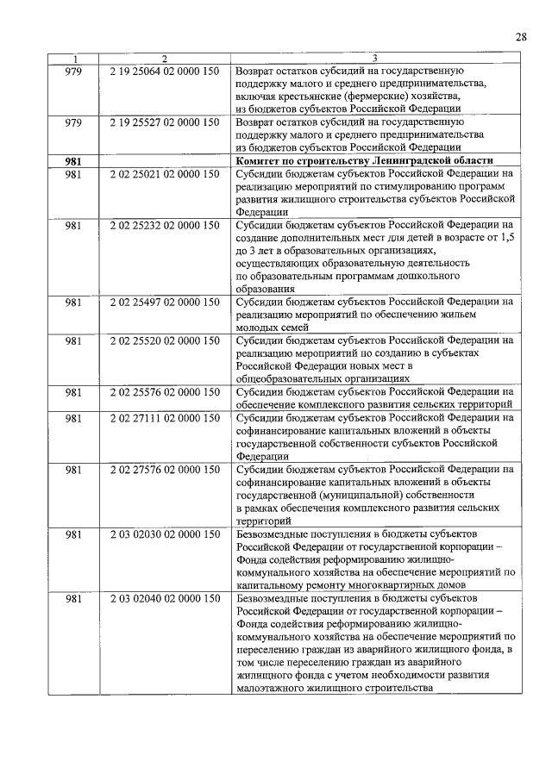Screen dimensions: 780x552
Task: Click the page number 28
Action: pyautogui.click(x=521, y=36)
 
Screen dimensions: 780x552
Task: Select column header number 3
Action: pyautogui.click(x=376, y=59)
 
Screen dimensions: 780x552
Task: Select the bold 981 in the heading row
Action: pyautogui.click(x=73, y=161)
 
